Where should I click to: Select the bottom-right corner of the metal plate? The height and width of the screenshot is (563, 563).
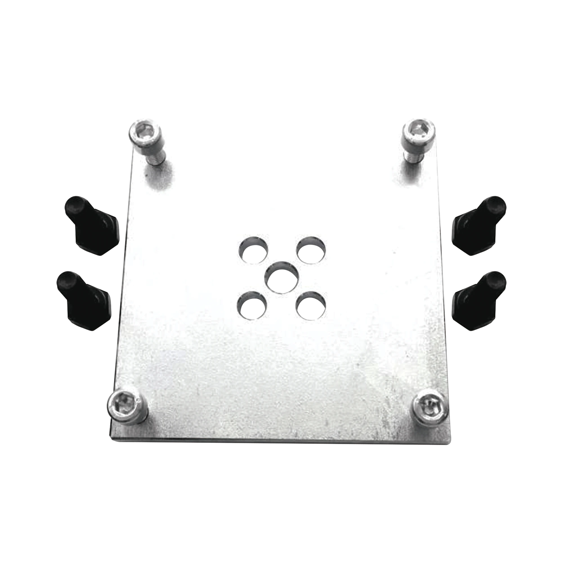452,443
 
